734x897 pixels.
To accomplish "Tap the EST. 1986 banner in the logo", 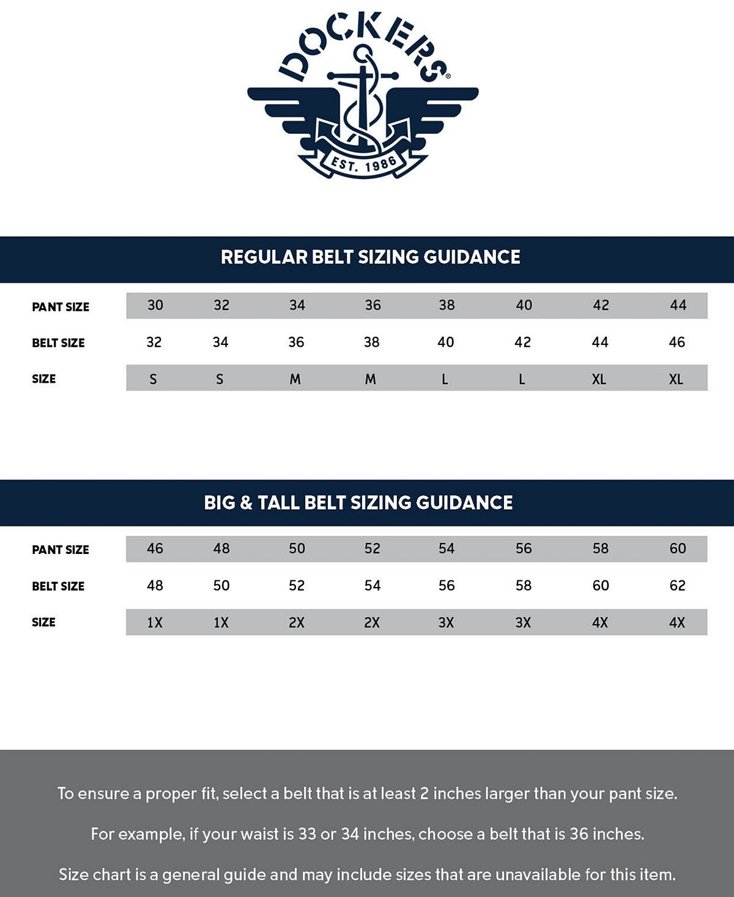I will click(364, 164).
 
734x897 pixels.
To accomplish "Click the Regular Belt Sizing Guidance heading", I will click(370, 257).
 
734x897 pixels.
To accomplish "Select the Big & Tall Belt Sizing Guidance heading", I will click(358, 503).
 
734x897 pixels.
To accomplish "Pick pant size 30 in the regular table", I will click(155, 305).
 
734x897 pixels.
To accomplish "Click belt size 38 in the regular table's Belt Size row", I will click(372, 342).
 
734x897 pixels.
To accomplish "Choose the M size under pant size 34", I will click(295, 379).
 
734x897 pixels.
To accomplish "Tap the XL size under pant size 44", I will click(676, 379).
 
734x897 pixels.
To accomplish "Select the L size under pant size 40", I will click(522, 379).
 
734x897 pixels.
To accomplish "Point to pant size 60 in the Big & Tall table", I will click(678, 548).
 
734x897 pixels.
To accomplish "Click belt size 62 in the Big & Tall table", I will click(678, 585).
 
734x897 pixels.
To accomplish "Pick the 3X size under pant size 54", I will click(446, 622).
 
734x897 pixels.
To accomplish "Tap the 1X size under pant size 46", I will click(155, 622).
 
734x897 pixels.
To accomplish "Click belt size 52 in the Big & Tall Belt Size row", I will click(297, 585).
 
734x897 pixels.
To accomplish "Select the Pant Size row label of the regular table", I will click(61, 307).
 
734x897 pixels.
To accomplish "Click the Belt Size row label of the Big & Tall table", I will click(58, 586).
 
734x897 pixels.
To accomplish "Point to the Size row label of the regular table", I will click(44, 379).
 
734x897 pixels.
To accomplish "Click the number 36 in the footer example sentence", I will click(579, 834).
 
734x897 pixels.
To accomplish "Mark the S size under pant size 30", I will click(154, 379).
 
